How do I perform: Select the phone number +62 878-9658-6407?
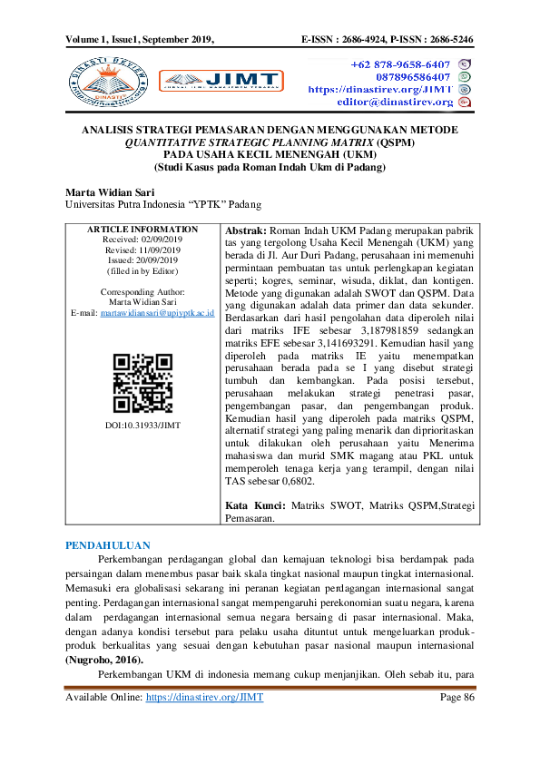click(400, 64)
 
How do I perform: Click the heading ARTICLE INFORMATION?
click(142, 229)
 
